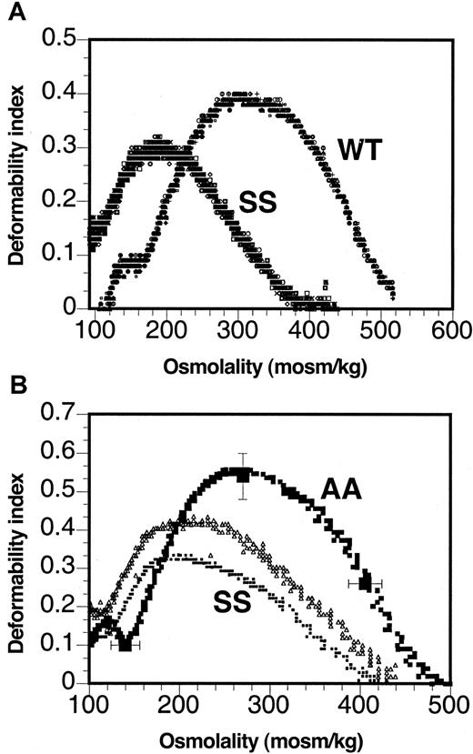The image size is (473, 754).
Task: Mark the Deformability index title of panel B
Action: [x=15, y=550]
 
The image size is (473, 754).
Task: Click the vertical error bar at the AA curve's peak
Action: [x=242, y=475]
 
